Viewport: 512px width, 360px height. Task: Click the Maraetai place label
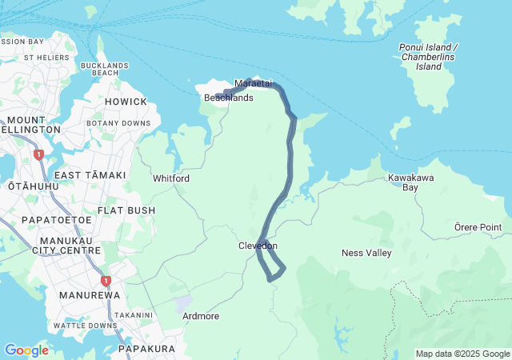pyautogui.click(x=254, y=83)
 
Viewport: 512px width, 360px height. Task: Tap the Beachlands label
pyautogui.click(x=229, y=98)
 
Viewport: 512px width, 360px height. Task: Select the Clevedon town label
pyautogui.click(x=258, y=246)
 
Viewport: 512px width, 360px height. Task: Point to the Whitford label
pyautogui.click(x=171, y=178)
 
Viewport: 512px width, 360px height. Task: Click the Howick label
pyautogui.click(x=126, y=102)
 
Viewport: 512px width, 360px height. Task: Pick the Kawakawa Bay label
pyautogui.click(x=403, y=182)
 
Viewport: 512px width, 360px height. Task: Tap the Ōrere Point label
pyautogui.click(x=478, y=227)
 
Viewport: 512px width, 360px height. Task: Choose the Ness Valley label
pyautogui.click(x=366, y=253)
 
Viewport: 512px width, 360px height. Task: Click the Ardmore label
pyautogui.click(x=201, y=316)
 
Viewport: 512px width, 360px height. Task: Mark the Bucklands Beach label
pyautogui.click(x=105, y=69)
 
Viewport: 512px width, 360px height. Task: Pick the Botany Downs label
pyautogui.click(x=118, y=123)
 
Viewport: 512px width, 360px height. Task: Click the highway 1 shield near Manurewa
pyautogui.click(x=105, y=281)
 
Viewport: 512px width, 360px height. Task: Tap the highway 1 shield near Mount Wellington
pyautogui.click(x=38, y=154)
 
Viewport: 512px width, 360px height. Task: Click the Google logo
pyautogui.click(x=26, y=350)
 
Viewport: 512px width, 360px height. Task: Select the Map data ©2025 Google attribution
pyautogui.click(x=462, y=354)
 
